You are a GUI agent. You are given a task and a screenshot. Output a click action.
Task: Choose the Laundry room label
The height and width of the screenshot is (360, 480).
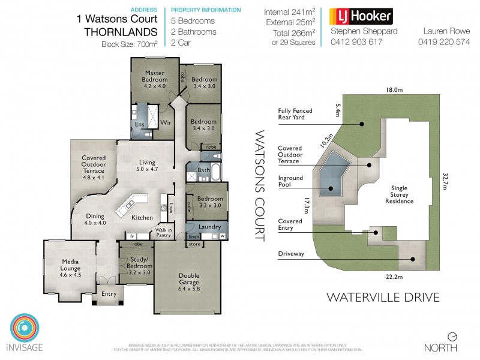(209, 227)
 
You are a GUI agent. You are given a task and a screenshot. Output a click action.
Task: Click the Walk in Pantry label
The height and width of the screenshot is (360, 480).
(164, 233)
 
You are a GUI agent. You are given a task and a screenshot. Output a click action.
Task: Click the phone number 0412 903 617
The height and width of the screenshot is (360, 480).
(356, 41)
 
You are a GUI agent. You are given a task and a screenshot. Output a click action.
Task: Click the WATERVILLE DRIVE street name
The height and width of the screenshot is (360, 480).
(383, 297)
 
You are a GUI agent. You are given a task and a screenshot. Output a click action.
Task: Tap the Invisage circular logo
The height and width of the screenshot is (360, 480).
(24, 328)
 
